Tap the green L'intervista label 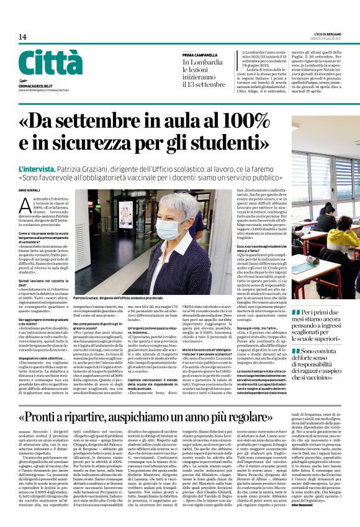click(x=38, y=168)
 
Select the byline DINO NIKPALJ click(x=30, y=191)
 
